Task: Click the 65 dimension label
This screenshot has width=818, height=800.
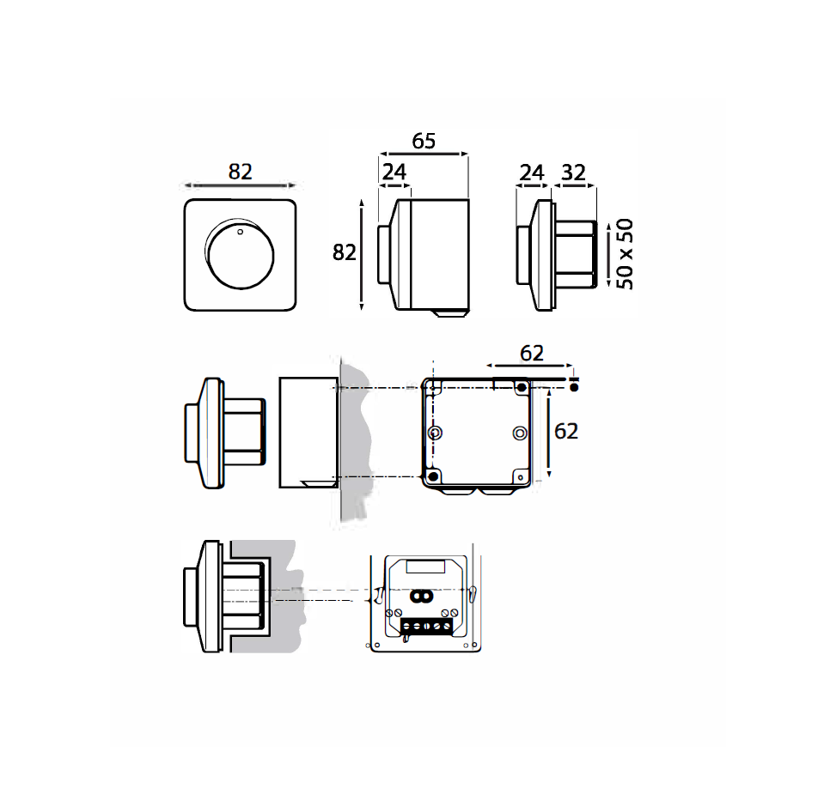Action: (x=424, y=141)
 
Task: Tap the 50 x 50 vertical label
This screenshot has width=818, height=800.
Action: (x=625, y=254)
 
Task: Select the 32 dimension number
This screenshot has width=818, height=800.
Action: (x=573, y=173)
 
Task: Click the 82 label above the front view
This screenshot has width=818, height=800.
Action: (x=240, y=172)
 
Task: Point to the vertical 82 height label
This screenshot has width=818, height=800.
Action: (x=345, y=252)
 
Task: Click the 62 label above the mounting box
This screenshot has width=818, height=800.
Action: (x=532, y=354)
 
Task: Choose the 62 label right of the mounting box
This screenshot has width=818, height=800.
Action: (x=566, y=431)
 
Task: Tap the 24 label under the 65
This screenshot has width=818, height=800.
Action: (x=394, y=172)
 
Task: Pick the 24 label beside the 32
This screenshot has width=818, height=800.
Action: (x=532, y=173)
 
